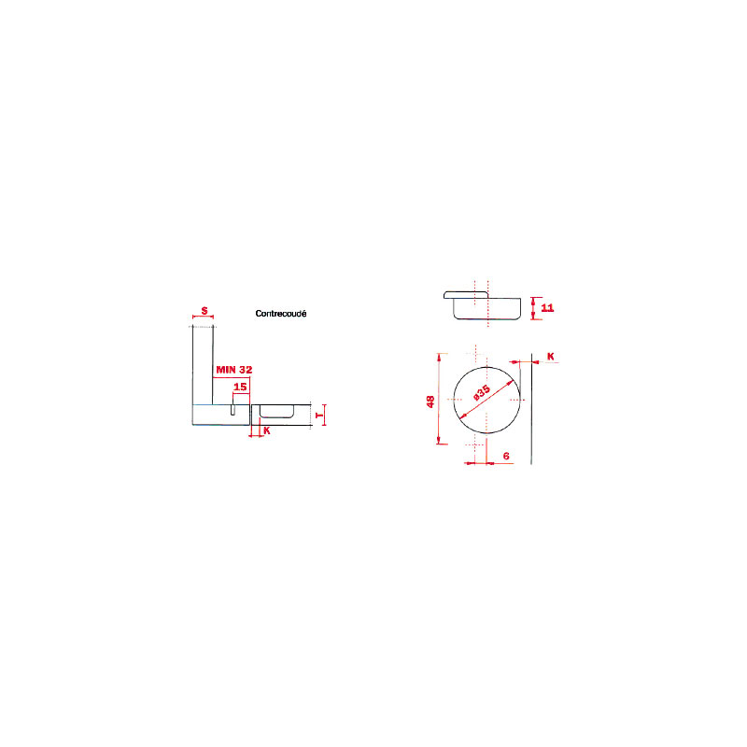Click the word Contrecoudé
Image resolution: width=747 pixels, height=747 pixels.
click(x=281, y=314)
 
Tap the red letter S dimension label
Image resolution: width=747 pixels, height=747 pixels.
click(x=204, y=311)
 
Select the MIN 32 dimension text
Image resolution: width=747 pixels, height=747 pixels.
click(x=234, y=369)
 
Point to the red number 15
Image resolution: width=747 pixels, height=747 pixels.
click(x=240, y=387)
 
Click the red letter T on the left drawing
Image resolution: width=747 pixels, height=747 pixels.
click(x=319, y=416)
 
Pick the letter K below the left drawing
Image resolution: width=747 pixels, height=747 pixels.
click(x=267, y=430)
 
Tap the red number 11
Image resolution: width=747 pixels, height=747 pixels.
click(x=547, y=308)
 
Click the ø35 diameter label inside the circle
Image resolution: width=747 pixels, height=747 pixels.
click(x=482, y=392)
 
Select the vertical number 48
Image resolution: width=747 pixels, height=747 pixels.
click(x=430, y=402)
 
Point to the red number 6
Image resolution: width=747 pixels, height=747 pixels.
click(x=506, y=456)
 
